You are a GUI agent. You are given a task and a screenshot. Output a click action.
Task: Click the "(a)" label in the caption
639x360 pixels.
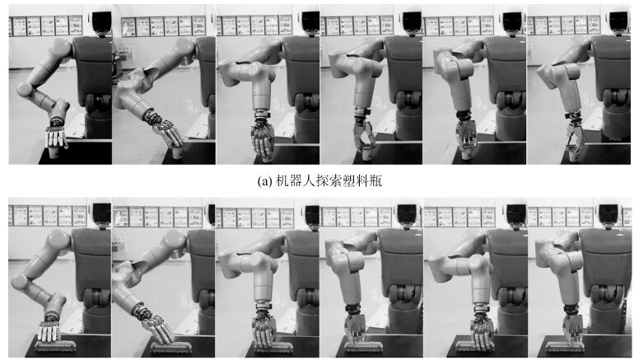[x=265, y=180]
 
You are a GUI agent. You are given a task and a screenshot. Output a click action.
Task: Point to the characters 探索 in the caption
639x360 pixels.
[x=329, y=180]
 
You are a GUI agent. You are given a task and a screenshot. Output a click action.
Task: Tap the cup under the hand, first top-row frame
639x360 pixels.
[x=54, y=153]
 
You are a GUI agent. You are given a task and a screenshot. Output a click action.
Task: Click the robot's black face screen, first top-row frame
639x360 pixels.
[x=101, y=21]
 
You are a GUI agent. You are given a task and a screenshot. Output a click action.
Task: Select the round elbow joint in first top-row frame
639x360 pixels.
[x=26, y=89]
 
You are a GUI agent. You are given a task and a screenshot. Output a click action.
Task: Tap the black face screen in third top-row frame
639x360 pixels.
[x=310, y=21]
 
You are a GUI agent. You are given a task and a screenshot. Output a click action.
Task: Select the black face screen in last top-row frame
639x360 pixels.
[x=618, y=21]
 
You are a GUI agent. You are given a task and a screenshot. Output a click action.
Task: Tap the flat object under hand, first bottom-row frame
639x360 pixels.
[x=56, y=346]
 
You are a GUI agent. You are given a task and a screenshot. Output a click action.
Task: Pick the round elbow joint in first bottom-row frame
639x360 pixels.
[x=19, y=281]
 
